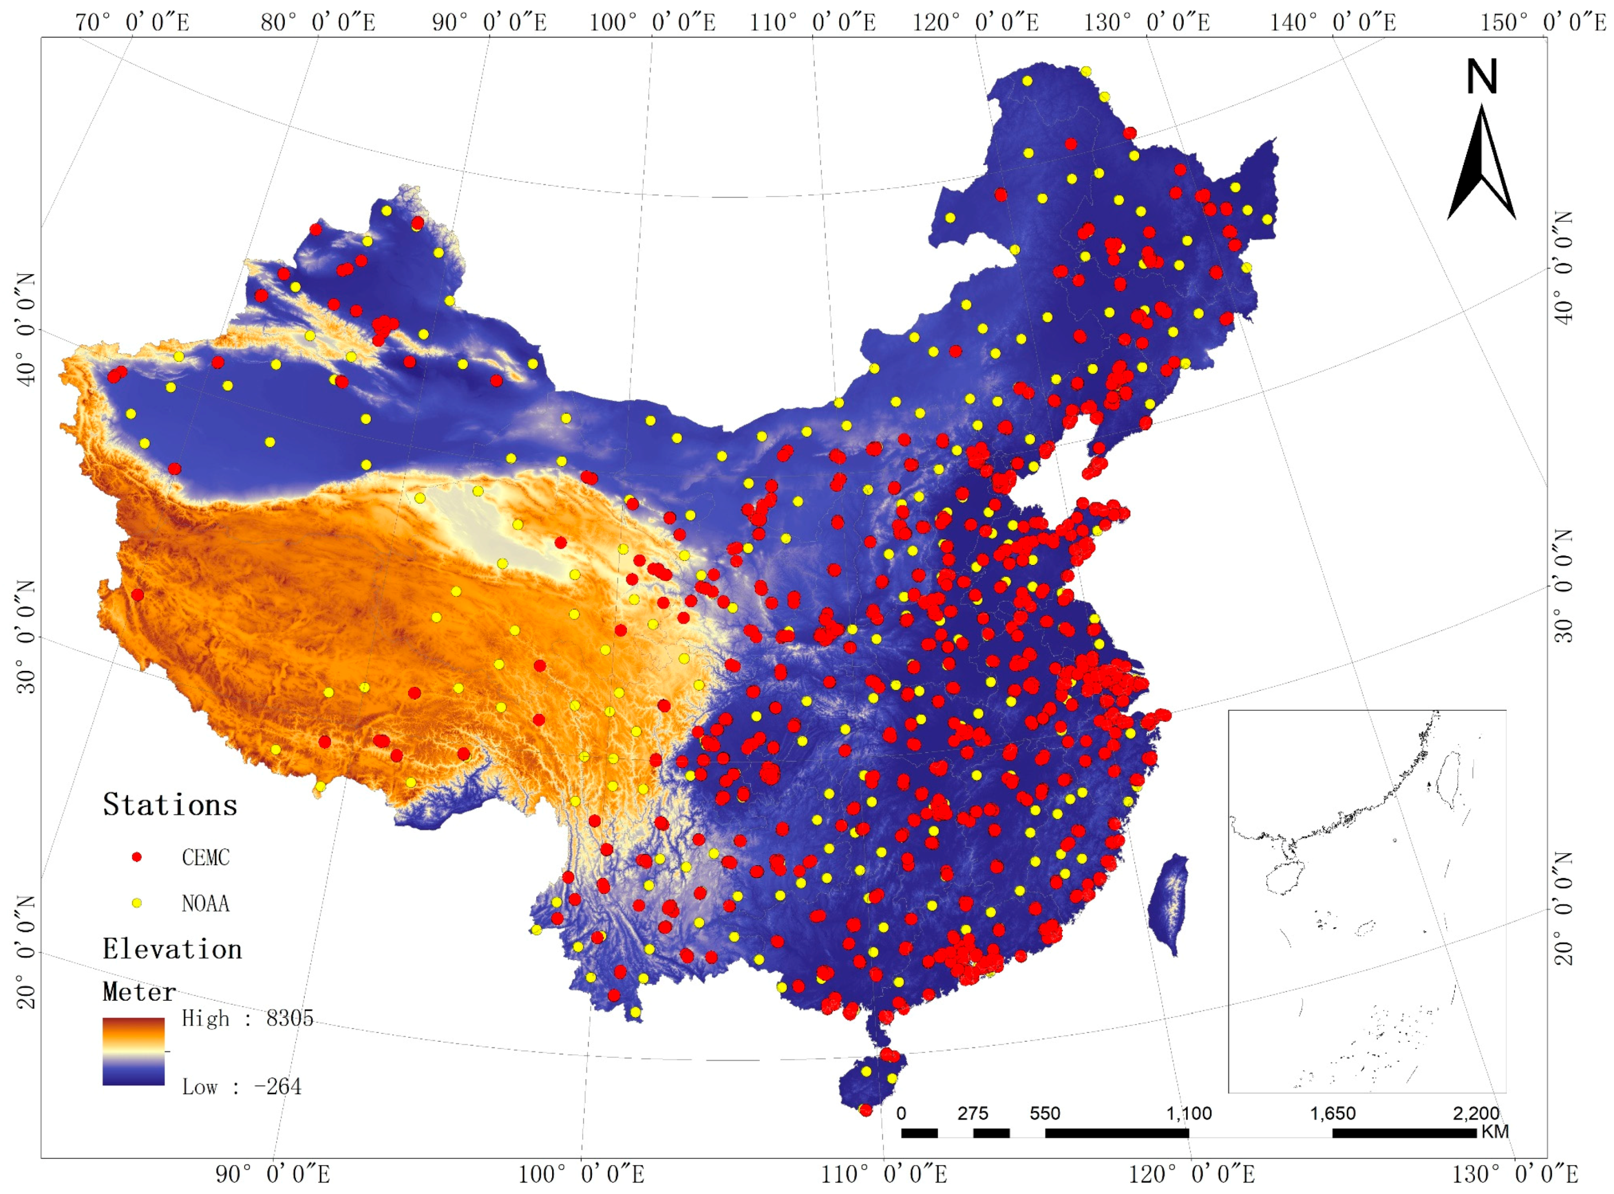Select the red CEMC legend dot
[x=136, y=857]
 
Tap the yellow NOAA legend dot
[x=136, y=903]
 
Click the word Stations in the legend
[x=170, y=805]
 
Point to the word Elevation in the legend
[x=172, y=949]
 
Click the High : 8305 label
[x=247, y=1019]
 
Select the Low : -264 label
[x=241, y=1086]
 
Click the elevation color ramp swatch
[x=133, y=1052]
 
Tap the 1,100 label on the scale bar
[x=1188, y=1113]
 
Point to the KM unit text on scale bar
[x=1495, y=1131]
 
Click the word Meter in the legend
[x=139, y=992]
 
